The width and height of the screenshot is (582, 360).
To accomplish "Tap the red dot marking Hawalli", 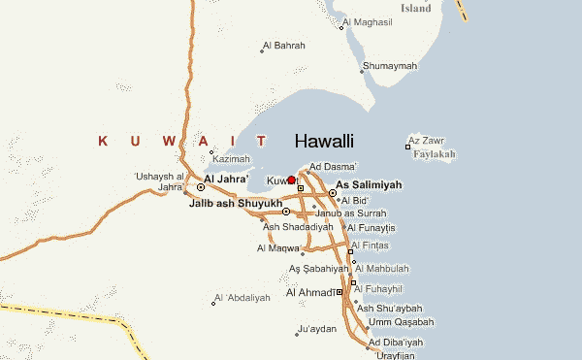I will (291, 180).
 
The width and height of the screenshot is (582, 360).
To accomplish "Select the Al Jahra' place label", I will (226, 180).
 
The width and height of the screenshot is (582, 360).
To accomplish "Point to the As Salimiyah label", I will (369, 184).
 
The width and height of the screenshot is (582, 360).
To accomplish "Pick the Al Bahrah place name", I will (286, 46).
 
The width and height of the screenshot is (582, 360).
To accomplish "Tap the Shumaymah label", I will (389, 66).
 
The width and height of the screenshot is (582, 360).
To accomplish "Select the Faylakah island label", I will (434, 154).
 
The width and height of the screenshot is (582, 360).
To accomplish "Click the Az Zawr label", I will (426, 142).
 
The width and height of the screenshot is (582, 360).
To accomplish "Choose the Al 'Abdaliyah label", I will (242, 297).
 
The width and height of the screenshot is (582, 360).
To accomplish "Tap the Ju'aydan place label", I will (317, 330).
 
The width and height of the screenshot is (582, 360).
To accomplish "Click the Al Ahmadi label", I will (310, 292).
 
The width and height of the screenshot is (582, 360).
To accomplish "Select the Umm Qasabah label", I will (401, 322).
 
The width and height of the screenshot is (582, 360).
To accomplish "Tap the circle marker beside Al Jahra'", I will (201, 186).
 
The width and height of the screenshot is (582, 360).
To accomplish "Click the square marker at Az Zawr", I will (407, 147).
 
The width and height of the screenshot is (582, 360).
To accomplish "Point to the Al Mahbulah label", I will (385, 269).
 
